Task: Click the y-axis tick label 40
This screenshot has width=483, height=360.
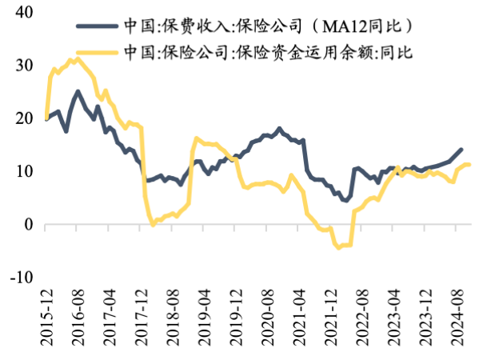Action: [24, 13]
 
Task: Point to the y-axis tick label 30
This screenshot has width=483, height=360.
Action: [24, 66]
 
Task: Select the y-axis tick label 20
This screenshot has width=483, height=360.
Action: [24, 118]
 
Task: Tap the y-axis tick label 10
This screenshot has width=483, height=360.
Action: [24, 171]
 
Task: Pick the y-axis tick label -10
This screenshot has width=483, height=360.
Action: [21, 277]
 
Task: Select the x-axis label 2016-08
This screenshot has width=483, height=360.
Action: [79, 316]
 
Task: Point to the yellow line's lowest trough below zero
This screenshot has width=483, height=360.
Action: [338, 247]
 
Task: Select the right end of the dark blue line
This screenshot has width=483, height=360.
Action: [461, 149]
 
